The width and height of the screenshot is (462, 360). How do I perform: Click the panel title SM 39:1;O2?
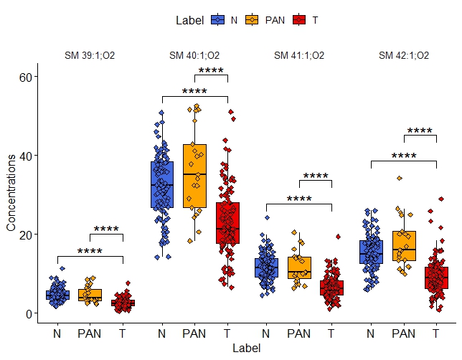[90, 55]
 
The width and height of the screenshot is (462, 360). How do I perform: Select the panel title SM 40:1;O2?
[194, 55]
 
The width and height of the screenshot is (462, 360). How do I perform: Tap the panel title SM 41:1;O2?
[299, 55]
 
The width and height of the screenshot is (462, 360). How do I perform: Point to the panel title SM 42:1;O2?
[404, 55]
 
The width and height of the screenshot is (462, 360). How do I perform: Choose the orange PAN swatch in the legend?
[252, 20]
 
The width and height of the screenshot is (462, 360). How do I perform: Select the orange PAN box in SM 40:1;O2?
[194, 176]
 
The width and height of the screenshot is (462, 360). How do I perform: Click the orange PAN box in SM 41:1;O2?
[299, 267]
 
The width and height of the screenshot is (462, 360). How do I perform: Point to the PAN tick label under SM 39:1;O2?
[90, 333]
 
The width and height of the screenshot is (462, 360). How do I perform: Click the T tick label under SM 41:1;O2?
[331, 333]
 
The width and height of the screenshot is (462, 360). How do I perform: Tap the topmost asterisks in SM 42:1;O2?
[420, 131]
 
